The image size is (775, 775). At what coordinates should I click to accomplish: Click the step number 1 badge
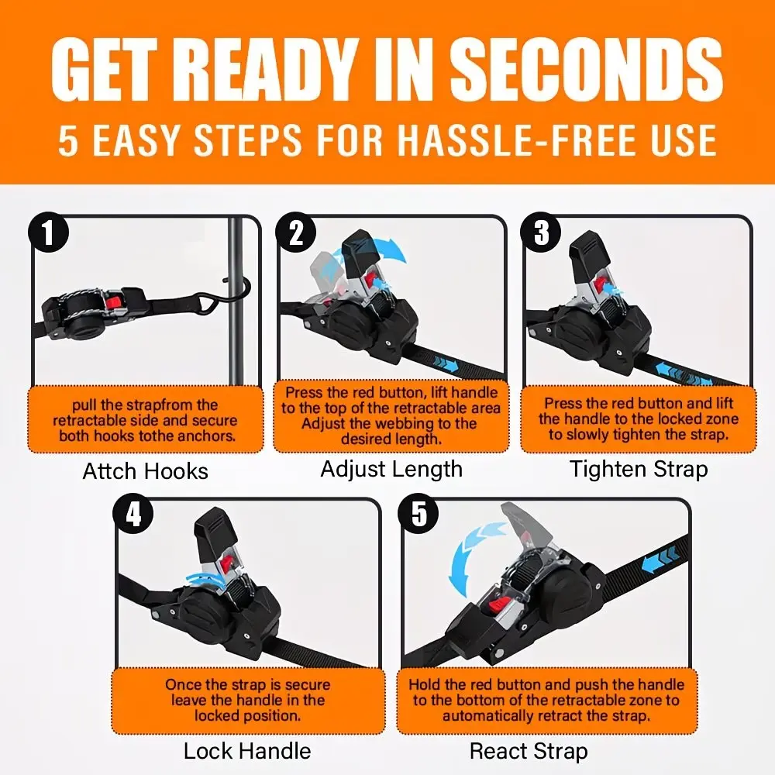(x=48, y=232)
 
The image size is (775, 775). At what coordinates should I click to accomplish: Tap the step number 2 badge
(x=295, y=232)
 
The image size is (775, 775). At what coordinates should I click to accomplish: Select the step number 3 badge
(x=541, y=232)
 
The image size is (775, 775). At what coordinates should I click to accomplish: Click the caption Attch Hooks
(x=146, y=471)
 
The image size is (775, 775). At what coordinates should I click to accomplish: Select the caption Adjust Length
(x=391, y=469)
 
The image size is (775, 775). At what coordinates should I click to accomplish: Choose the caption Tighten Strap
(x=639, y=469)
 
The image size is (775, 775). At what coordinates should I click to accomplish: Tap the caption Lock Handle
(x=247, y=751)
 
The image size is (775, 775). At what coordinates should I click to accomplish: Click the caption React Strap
(x=529, y=751)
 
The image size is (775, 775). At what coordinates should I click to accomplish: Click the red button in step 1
(x=115, y=302)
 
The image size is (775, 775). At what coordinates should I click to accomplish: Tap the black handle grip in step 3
(x=590, y=253)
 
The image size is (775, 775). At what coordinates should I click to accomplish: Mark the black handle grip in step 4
(x=215, y=538)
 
